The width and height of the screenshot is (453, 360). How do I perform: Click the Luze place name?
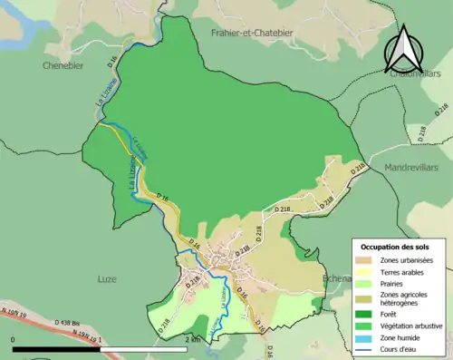107,279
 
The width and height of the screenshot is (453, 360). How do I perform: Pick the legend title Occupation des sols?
396,247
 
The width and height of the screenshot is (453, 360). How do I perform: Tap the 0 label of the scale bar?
14,339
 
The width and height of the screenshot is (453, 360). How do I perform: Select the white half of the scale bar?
145,348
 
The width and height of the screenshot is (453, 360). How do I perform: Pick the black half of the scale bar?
56,348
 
